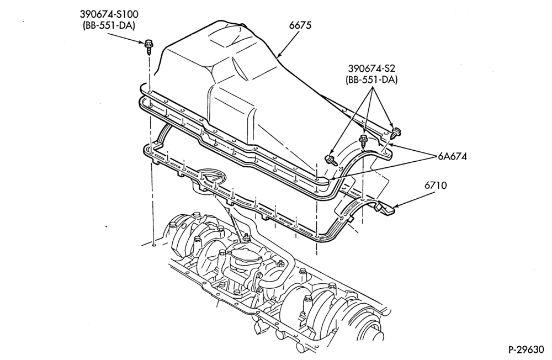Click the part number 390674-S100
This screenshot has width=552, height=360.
(x=109, y=14)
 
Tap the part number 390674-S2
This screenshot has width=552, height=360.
(x=371, y=68)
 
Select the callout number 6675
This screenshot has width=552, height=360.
(x=300, y=25)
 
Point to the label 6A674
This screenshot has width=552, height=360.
(x=453, y=156)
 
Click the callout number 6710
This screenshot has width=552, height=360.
(x=435, y=185)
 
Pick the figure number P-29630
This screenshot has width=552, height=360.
(x=526, y=350)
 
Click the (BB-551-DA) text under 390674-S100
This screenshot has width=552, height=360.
(x=109, y=26)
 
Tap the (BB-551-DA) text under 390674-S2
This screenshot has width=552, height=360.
(x=371, y=80)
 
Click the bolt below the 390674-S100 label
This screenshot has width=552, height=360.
(x=149, y=47)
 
